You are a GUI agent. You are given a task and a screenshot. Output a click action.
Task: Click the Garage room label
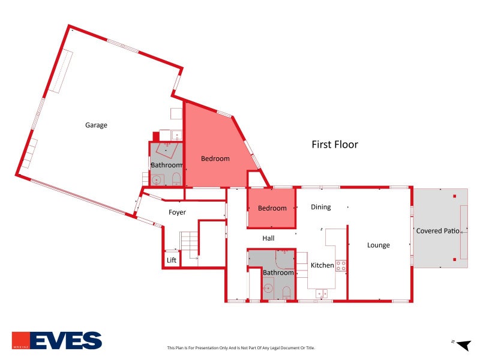[96, 125]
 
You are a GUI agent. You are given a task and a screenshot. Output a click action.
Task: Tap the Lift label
[172, 260]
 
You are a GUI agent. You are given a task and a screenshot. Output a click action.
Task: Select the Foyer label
[177, 212]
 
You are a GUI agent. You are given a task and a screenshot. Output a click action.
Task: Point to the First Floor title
[335, 144]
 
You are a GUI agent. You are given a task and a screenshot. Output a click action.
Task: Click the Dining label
[321, 207]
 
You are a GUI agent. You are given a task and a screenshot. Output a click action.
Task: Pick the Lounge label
[379, 245]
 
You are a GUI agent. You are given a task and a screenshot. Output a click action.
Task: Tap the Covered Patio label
[438, 231]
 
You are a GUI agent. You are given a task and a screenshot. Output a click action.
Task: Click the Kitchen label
[322, 265]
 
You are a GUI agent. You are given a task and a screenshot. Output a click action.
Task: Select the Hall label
[268, 238]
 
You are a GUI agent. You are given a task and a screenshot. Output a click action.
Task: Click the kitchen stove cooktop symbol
[341, 266]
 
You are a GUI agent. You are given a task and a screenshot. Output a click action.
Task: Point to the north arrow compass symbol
[462, 345]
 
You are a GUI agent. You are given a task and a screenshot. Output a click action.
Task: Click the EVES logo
[57, 340]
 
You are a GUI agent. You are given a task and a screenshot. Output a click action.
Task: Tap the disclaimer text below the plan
[241, 348]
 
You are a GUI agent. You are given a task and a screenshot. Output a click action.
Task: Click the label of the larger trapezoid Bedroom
[215, 158]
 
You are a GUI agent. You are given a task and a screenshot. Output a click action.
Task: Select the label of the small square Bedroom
[272, 208]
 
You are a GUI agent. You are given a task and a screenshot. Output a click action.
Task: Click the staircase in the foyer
[189, 245]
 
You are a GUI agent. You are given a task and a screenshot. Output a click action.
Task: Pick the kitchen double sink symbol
[322, 294]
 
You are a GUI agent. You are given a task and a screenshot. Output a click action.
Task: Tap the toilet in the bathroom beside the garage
[176, 179]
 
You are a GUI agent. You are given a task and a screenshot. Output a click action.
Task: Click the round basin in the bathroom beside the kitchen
[268, 289]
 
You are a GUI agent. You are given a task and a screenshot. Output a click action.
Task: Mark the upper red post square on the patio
[455, 196]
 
